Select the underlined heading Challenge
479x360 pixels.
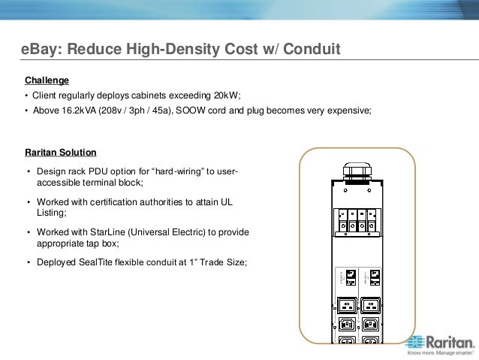pos(47,80)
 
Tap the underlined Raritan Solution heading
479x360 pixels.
pos(61,153)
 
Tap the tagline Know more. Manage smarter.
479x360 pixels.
pos(439,351)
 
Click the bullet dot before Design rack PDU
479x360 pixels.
pos(28,173)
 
